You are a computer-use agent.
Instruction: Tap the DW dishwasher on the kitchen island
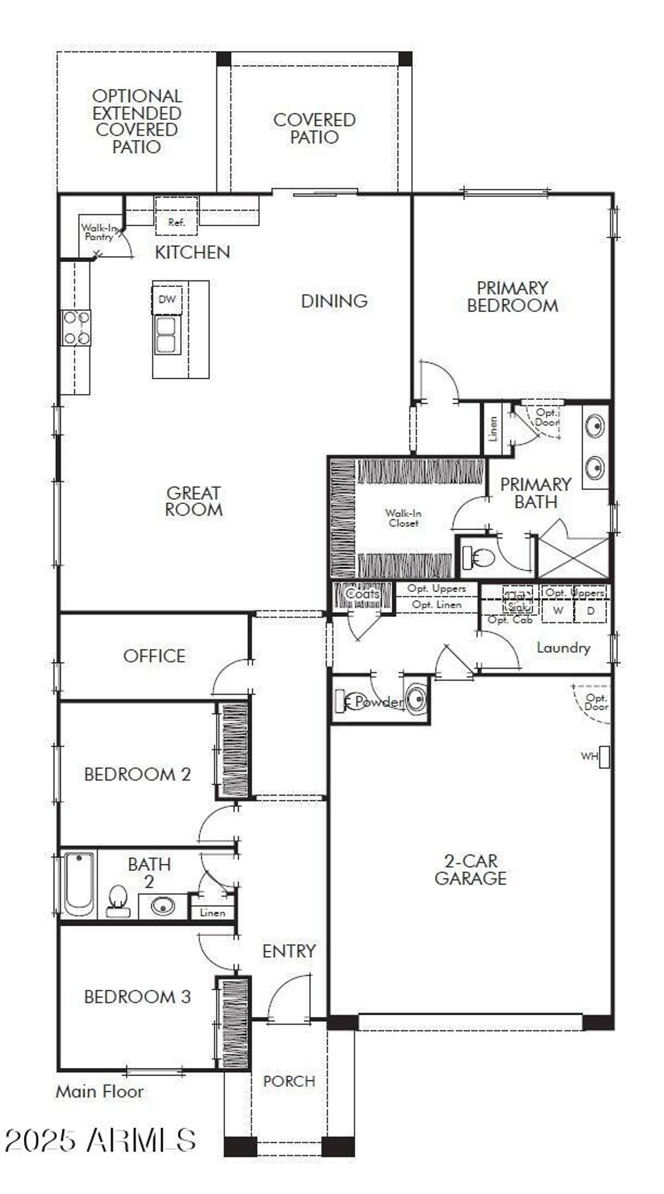click(x=167, y=299)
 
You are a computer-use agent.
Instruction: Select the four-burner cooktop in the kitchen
click(x=76, y=328)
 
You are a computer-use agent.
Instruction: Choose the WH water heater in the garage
click(x=604, y=757)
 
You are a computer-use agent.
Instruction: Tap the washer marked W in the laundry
click(x=558, y=611)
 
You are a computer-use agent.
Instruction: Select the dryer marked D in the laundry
click(x=590, y=611)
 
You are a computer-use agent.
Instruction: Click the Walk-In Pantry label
click(x=98, y=232)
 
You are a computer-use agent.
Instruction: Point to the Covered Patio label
click(x=314, y=128)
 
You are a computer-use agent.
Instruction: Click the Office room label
click(x=154, y=656)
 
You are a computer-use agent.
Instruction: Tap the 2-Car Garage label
click(x=471, y=870)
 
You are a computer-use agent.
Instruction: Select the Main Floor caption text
click(x=100, y=1091)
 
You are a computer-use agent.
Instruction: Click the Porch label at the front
click(x=289, y=1081)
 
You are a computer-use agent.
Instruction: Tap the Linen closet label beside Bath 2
click(x=212, y=913)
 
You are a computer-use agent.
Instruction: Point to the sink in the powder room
click(x=417, y=699)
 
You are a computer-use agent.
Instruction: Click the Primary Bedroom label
click(x=513, y=296)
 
